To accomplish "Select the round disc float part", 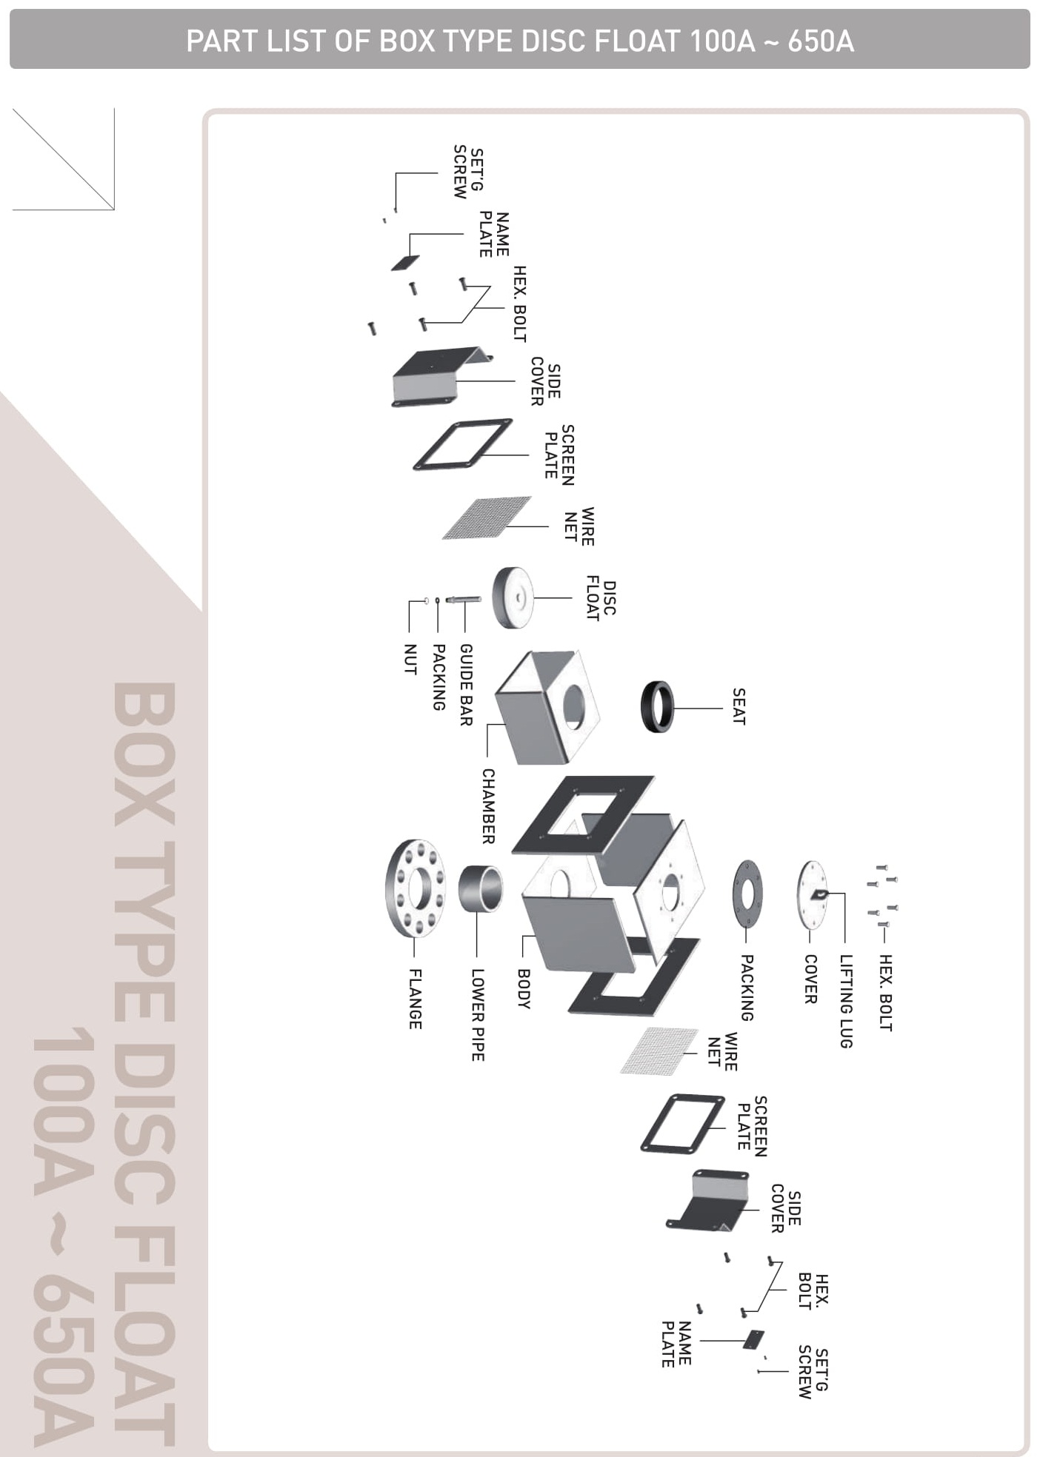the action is (x=513, y=597).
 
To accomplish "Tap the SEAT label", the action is (x=739, y=706).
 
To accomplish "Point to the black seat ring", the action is (x=658, y=707).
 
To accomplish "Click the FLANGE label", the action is (x=416, y=999).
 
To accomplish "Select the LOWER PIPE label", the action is (x=478, y=1014).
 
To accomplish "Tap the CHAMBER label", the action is (x=489, y=805).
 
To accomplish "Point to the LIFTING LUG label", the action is (x=846, y=1001).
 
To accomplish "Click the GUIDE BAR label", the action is (x=466, y=684).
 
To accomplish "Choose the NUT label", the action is (x=410, y=659).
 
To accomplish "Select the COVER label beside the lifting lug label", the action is (x=810, y=979).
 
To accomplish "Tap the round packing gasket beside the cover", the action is (x=748, y=893).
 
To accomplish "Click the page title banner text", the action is (x=520, y=41).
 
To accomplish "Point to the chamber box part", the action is (x=547, y=706).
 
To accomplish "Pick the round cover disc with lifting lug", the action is (x=812, y=894).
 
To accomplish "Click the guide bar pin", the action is (x=464, y=599).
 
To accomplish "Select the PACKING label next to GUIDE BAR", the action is (x=439, y=677).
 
